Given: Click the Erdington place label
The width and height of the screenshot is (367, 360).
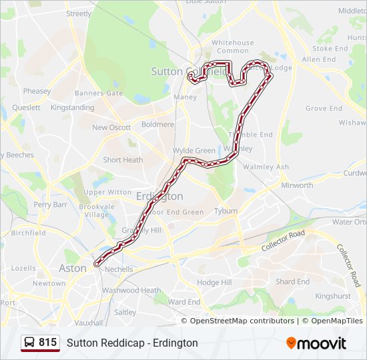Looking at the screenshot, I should [159, 197].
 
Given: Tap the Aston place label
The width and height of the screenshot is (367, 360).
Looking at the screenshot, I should [73, 268].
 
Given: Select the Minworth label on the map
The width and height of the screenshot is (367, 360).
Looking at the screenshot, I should [297, 185].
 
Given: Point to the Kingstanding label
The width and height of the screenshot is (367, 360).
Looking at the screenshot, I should [72, 107].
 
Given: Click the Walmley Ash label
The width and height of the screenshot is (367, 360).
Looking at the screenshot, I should [266, 167].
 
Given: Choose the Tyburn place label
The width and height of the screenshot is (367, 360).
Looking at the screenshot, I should [226, 211].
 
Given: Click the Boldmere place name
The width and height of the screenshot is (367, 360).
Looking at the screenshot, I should [157, 124].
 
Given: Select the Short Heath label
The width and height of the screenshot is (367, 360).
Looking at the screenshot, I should [123, 160].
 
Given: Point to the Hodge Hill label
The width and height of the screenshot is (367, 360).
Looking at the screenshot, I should [214, 283].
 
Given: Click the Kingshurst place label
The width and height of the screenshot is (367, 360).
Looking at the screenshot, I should [332, 295].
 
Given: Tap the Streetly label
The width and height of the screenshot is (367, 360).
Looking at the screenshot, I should [79, 13].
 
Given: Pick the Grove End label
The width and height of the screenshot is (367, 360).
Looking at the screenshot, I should [324, 108].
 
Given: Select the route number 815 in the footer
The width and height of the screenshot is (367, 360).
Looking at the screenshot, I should [47, 343].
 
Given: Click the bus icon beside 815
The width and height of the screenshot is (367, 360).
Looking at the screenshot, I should [30, 343].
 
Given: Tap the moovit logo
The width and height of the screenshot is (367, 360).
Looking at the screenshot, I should [316, 343].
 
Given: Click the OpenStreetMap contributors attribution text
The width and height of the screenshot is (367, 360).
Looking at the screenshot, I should [242, 321].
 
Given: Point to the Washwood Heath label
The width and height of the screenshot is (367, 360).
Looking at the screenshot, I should [131, 291].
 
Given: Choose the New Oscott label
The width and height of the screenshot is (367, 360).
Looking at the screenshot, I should [111, 127].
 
